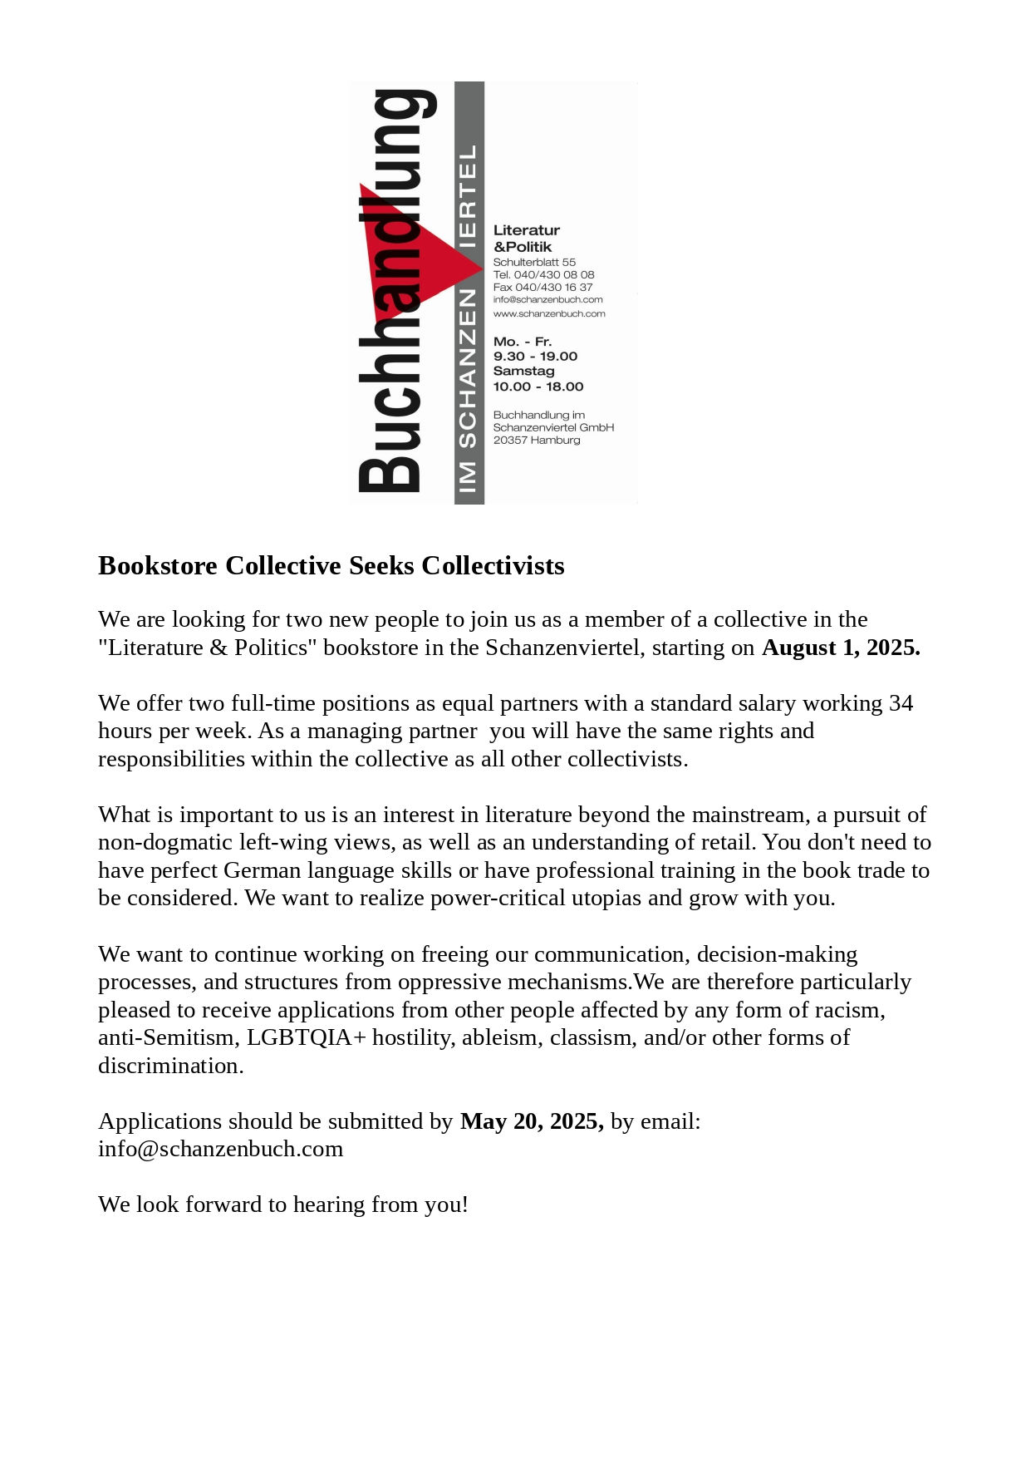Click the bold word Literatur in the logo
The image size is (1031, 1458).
click(527, 230)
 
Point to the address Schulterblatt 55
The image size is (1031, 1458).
click(534, 262)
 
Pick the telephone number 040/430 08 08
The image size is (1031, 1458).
click(553, 274)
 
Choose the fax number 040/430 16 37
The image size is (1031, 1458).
click(553, 287)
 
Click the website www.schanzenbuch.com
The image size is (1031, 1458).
click(549, 313)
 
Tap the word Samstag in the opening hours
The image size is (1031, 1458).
click(523, 371)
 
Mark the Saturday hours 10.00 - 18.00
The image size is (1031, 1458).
click(538, 387)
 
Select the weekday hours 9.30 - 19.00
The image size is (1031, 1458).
click(535, 356)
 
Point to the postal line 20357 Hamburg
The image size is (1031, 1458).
click(537, 440)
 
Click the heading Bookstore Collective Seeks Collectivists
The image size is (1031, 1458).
click(331, 565)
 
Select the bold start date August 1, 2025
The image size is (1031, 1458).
click(841, 648)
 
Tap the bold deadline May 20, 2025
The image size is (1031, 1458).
click(532, 1121)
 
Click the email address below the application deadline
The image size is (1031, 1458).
click(220, 1149)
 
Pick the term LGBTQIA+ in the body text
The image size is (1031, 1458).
click(306, 1037)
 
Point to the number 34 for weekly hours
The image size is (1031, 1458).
click(901, 703)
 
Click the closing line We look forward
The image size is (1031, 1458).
click(282, 1204)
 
